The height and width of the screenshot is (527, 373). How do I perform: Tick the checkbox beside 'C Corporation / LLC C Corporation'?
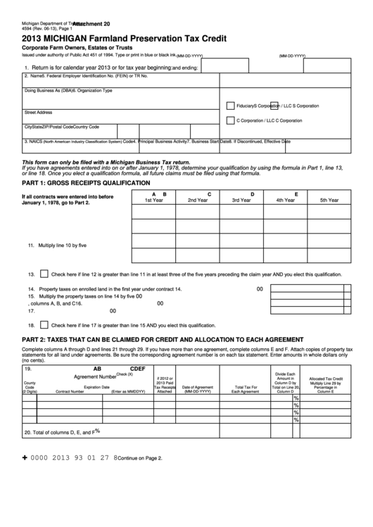230,120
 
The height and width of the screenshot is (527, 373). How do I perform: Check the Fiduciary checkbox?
230,106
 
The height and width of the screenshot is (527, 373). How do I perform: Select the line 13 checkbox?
44,274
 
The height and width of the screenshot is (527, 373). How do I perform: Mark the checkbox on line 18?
44,325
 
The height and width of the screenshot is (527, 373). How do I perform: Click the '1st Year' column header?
154,201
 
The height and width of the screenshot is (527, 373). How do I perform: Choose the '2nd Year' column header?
198,201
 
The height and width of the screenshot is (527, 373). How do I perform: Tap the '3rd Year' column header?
241,201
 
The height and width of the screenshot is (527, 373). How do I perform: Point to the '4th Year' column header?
285,201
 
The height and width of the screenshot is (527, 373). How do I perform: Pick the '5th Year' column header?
329,201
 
